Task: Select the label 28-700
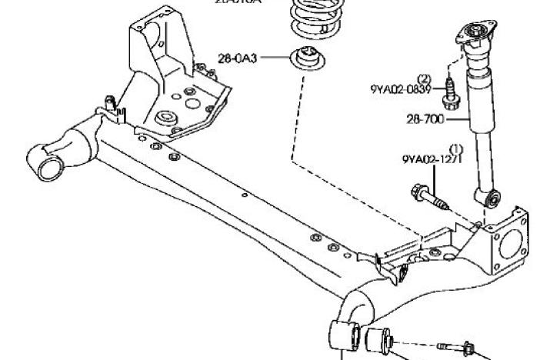pos(425,119)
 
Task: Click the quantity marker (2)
pos(424,78)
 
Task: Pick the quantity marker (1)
pos(455,148)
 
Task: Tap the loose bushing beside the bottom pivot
pos(379,339)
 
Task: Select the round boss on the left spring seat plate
pos(163,119)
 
